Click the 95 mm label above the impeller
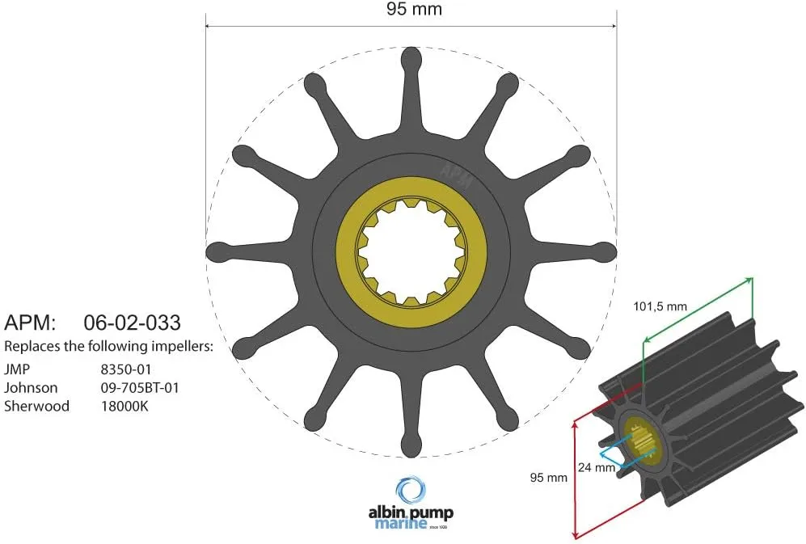point(410,10)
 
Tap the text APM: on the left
point(30,323)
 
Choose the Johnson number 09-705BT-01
point(139,387)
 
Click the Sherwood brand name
point(37,406)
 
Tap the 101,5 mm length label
point(660,306)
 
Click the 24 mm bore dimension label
point(596,466)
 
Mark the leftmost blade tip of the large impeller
point(217,251)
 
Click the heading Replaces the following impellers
point(108,347)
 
